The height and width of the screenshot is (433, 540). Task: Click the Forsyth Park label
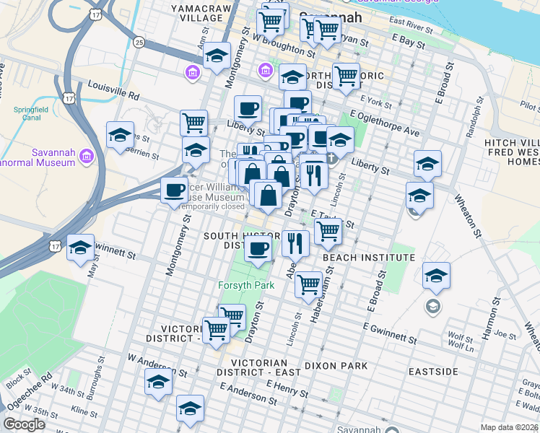click(246, 286)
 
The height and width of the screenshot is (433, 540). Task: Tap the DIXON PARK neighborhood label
click(336, 367)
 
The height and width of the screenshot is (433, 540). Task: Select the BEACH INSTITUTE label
click(368, 258)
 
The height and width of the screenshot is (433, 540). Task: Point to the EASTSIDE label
click(433, 371)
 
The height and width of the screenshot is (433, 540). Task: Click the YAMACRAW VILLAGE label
click(205, 12)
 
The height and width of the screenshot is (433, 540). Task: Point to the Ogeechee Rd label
click(37, 388)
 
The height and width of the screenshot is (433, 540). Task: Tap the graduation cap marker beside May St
click(80, 247)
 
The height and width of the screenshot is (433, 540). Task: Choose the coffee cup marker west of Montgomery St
click(174, 191)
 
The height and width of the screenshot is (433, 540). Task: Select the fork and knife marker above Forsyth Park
click(295, 243)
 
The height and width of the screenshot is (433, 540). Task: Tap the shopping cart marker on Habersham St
click(309, 284)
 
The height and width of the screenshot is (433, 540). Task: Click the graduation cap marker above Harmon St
click(436, 275)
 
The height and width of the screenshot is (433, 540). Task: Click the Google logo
click(24, 424)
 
